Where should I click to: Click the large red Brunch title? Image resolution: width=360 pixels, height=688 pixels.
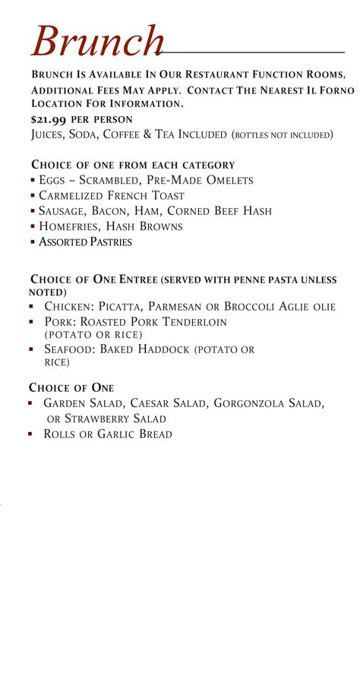[97, 41]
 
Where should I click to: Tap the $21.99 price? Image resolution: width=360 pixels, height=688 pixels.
[49, 120]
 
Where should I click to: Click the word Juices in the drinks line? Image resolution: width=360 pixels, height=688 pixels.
[47, 135]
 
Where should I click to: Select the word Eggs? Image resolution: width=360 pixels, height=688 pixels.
[52, 181]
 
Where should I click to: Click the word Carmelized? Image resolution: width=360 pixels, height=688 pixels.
[72, 196]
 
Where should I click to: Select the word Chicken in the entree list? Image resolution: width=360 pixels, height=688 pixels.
[65, 307]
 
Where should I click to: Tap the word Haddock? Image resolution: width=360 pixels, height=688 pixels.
[162, 349]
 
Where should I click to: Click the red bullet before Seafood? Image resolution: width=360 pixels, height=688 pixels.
[31, 349]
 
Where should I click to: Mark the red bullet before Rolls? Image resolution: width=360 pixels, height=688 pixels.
[31, 434]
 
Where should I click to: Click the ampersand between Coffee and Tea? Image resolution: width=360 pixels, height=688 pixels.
[144, 135]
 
